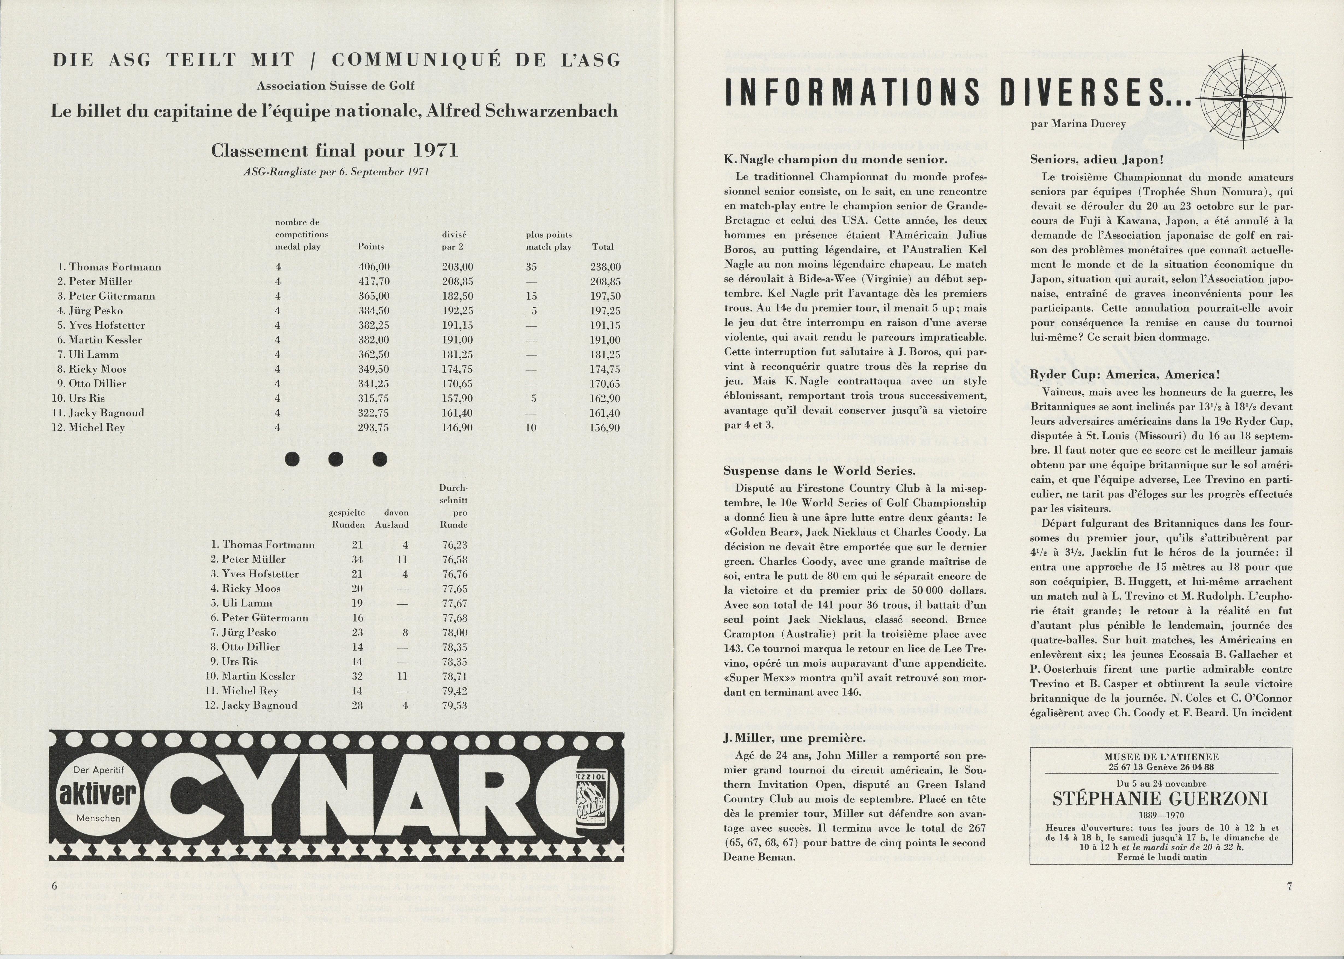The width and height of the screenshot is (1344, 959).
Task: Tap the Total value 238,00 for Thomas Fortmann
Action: coord(605,267)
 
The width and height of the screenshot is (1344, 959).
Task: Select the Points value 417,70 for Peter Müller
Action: coord(374,282)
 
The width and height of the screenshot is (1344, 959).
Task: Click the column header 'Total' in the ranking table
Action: coord(603,247)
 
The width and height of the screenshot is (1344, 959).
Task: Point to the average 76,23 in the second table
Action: coord(455,545)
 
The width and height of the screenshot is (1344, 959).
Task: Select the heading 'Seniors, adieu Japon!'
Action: coord(1096,160)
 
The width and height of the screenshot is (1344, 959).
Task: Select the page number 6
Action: coord(54,886)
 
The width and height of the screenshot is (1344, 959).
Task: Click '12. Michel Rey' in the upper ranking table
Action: coord(89,428)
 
